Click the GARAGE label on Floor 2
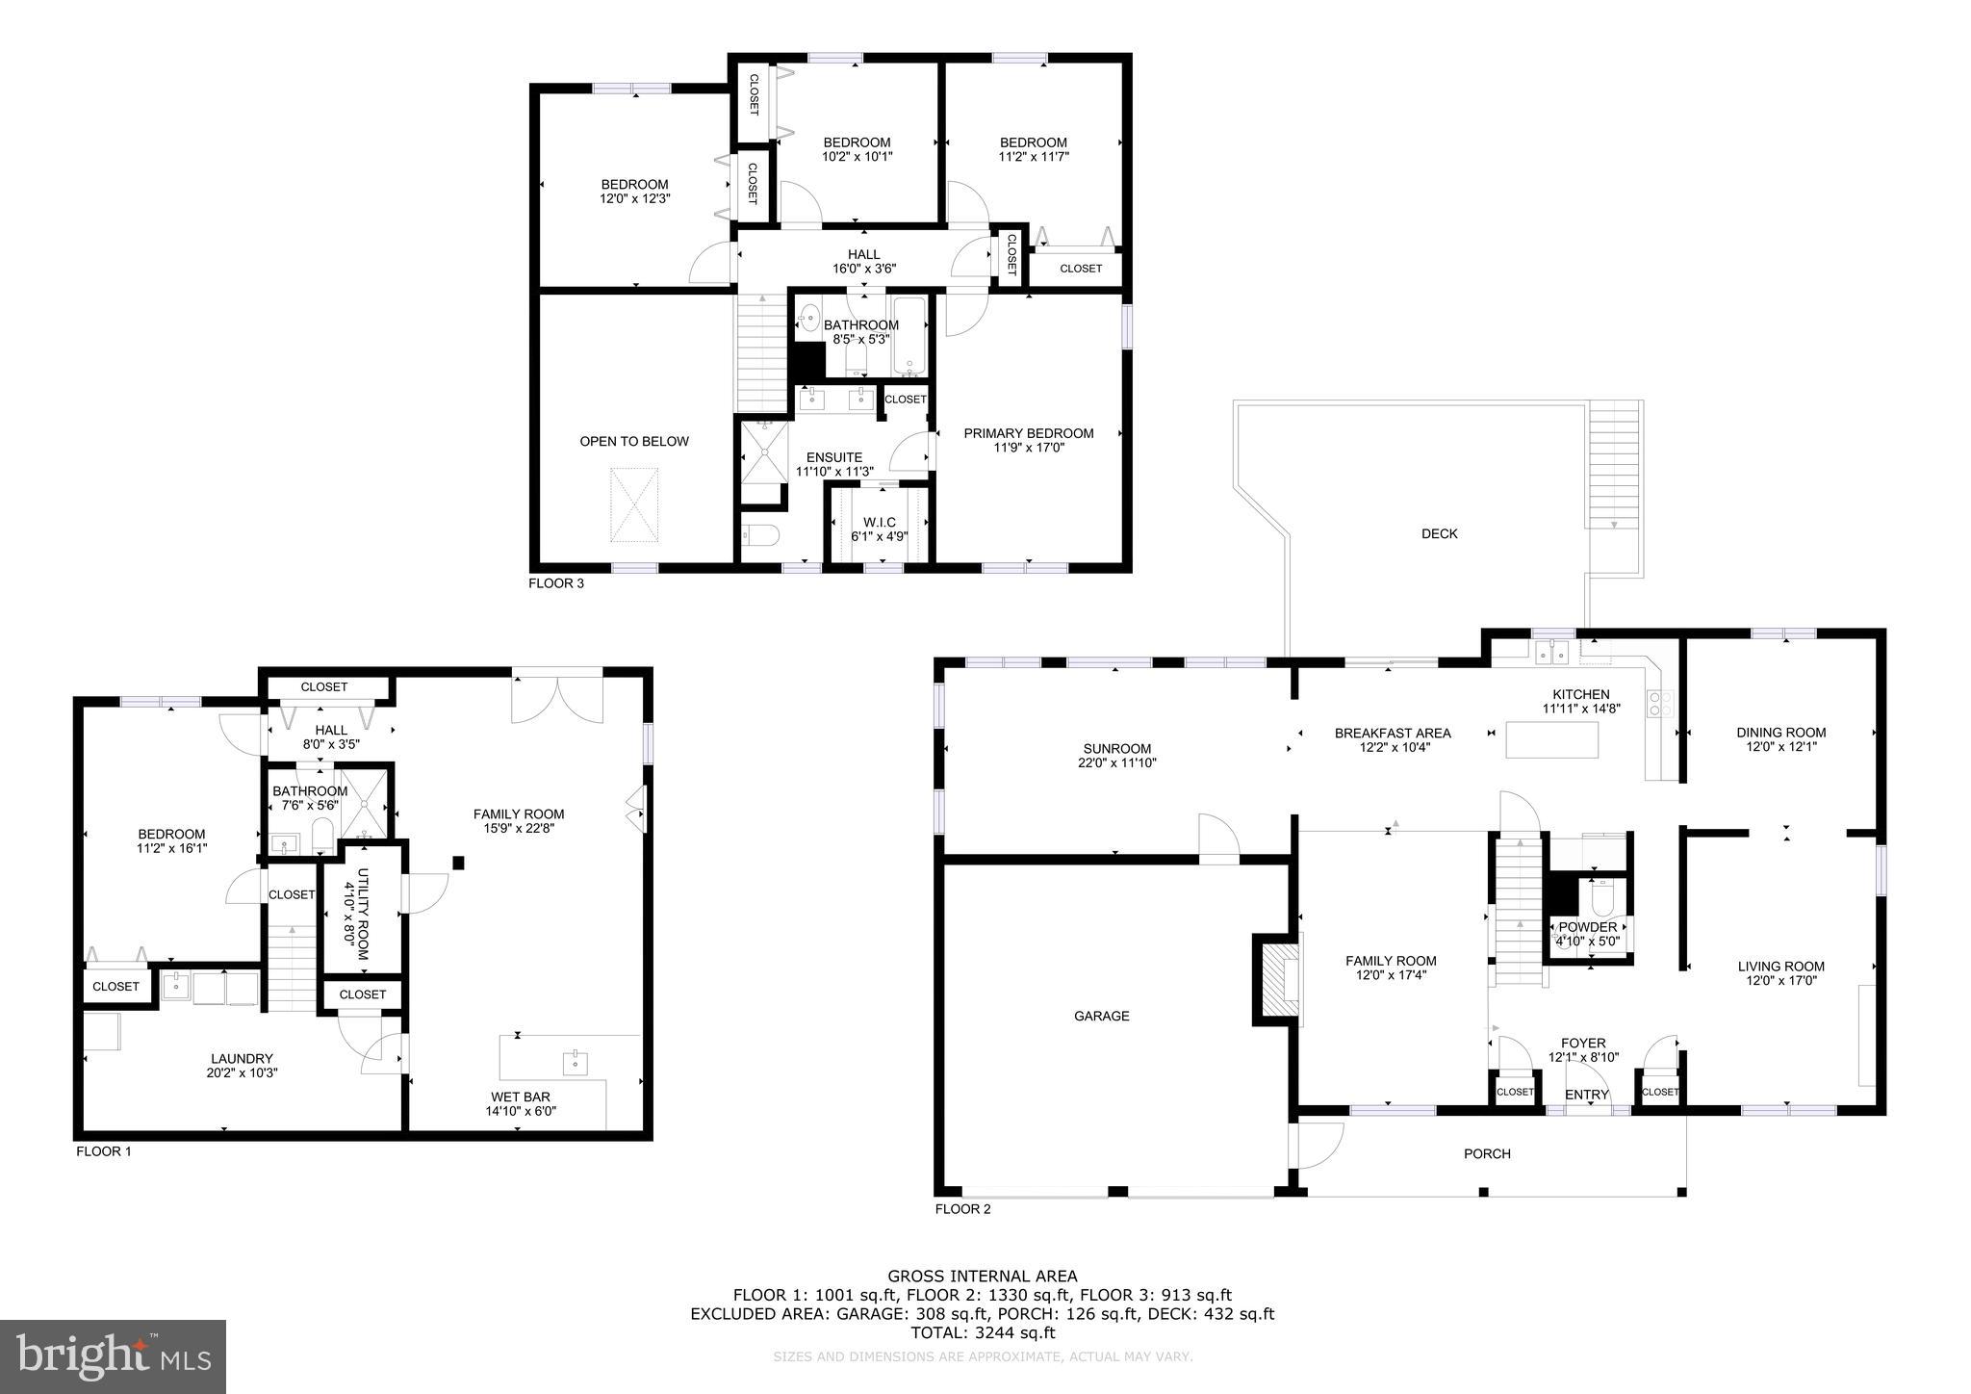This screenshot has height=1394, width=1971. click(x=1101, y=1016)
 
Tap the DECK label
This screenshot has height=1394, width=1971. click(x=1439, y=533)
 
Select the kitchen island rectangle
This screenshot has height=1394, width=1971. click(x=1551, y=739)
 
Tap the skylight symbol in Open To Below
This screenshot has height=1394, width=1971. click(x=634, y=504)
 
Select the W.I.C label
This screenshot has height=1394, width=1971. click(x=879, y=523)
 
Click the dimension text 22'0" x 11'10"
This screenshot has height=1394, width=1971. click(x=1116, y=762)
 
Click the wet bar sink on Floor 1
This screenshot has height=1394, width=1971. click(x=575, y=1062)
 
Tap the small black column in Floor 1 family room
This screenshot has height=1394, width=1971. click(x=459, y=863)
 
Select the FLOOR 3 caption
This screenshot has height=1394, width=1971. click(x=556, y=583)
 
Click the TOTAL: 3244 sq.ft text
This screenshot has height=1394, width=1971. click(x=983, y=1332)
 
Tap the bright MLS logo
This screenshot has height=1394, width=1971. click(x=114, y=1356)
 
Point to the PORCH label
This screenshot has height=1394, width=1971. click(x=1487, y=1153)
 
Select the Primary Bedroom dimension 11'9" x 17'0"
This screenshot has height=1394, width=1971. click(x=1029, y=448)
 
